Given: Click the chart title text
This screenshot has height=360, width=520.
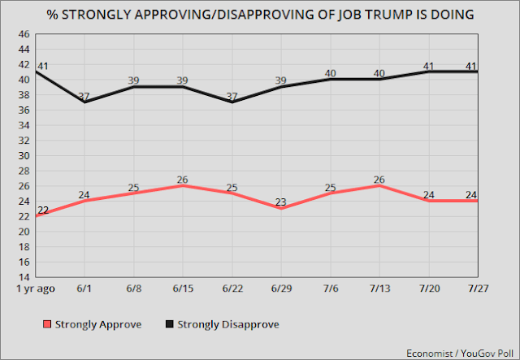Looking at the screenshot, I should pos(260,15).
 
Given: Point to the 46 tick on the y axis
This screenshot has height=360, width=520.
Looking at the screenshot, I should pos(23,34).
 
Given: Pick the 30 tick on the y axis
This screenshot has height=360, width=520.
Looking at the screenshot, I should pos(23,155).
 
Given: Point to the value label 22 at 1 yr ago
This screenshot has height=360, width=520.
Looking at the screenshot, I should pos(44,210).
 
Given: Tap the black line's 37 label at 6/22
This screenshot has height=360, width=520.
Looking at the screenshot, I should pos(232,97).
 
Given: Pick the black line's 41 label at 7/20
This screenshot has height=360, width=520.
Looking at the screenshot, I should pos(428,66).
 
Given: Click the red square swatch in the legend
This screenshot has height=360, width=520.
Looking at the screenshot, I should pos(46,324).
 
